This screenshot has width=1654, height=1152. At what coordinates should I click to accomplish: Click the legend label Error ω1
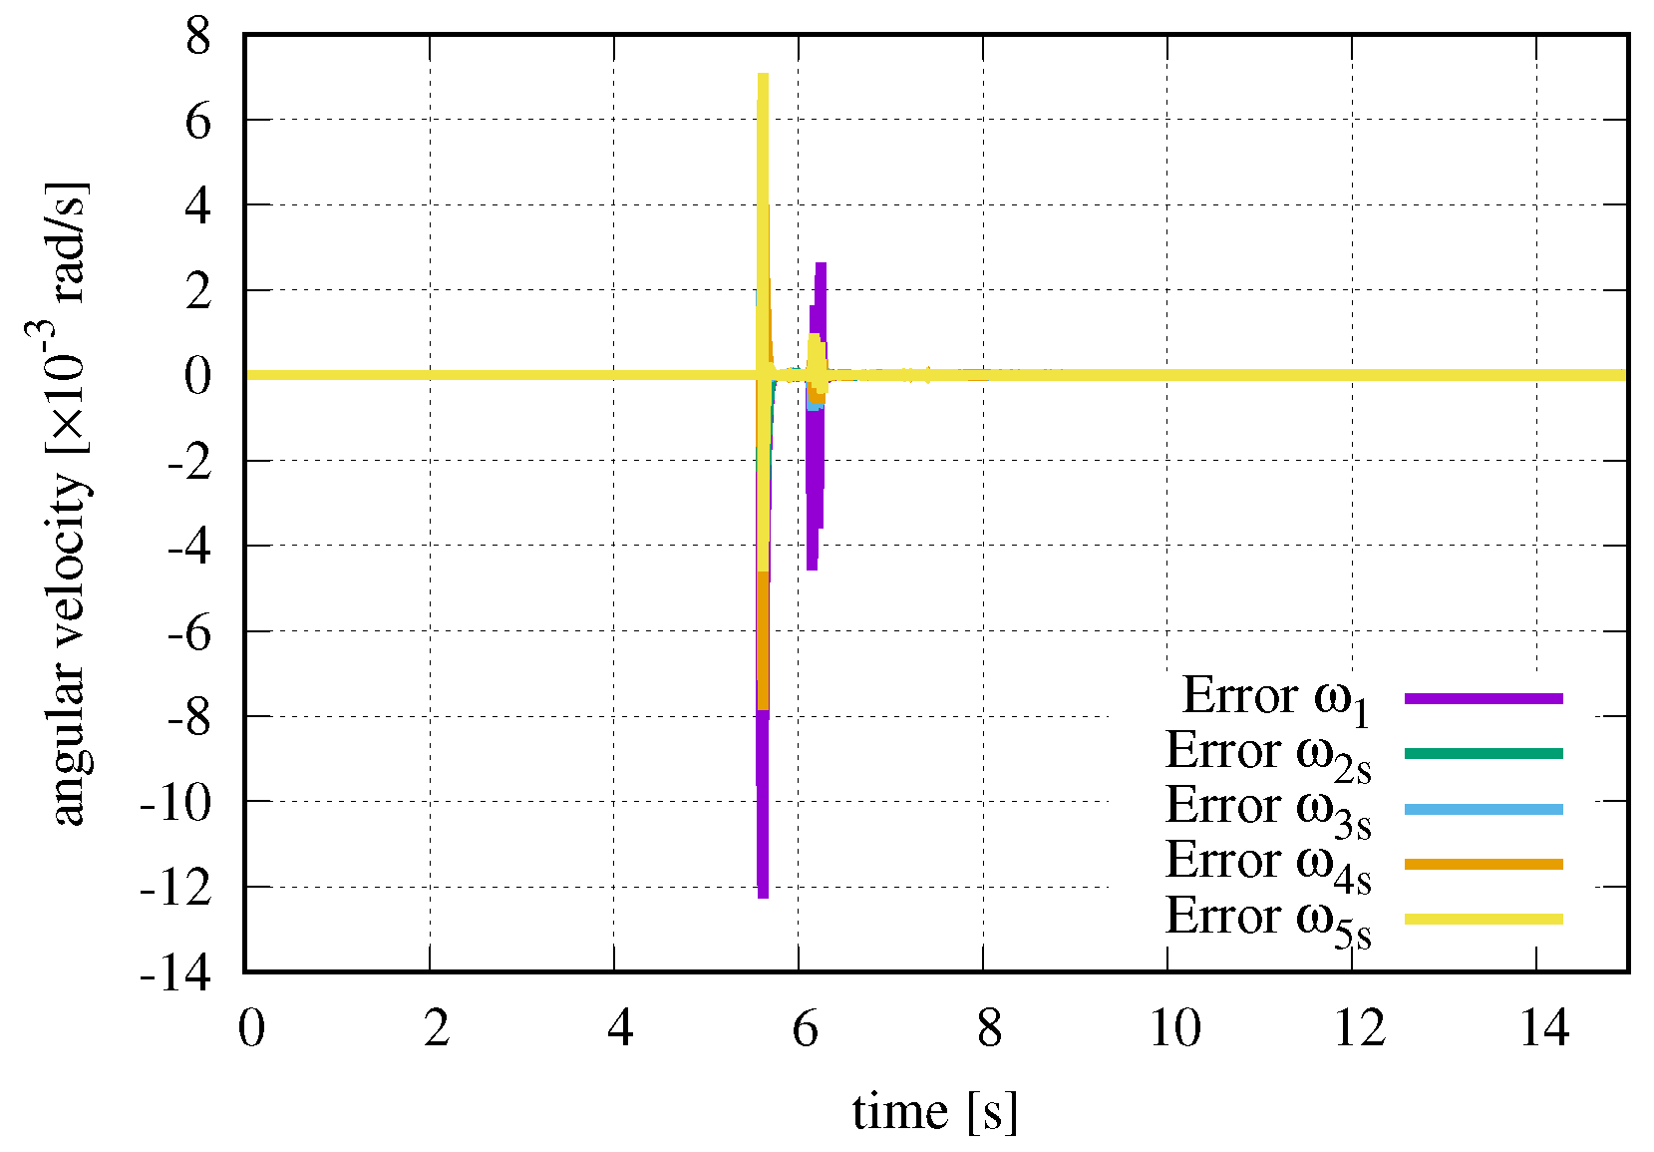(1276, 697)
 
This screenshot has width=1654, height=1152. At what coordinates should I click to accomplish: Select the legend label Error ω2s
(1268, 753)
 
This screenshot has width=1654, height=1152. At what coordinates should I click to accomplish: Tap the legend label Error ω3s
(1268, 808)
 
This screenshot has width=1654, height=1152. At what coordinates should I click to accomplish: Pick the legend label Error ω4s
(1268, 863)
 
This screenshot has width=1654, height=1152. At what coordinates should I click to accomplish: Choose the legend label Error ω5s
(1268, 919)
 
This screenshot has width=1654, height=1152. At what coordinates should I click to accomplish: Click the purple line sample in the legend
(1484, 698)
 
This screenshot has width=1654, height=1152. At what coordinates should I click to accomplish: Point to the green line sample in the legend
(1484, 753)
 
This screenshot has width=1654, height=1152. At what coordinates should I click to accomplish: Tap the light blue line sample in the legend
(1484, 809)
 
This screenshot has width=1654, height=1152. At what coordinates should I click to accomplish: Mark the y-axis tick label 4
(198, 206)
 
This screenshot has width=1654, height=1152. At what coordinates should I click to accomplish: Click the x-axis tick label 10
(1175, 1027)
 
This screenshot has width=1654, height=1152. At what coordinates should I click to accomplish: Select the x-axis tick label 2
(436, 1027)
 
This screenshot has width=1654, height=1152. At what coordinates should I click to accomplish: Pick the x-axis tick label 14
(1544, 1027)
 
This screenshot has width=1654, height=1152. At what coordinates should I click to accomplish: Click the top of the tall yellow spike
(763, 75)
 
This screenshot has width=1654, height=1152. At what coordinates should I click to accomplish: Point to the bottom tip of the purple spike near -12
(763, 896)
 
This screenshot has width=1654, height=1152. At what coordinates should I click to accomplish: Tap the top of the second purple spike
(821, 264)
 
